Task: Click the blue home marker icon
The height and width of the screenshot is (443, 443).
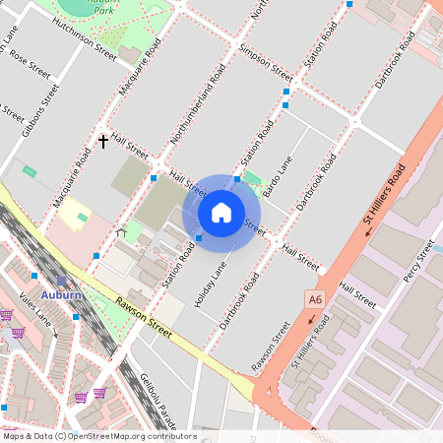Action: (x=221, y=212)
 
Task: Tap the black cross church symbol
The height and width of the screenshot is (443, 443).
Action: (x=103, y=142)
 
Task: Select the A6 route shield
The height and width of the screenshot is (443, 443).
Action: (x=315, y=298)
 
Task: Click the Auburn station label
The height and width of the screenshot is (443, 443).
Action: (x=62, y=294)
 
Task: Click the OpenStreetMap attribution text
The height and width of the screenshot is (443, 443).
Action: (x=98, y=436)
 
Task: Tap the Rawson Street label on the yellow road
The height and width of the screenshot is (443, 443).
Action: (x=144, y=320)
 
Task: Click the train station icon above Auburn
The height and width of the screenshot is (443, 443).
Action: (x=61, y=281)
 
